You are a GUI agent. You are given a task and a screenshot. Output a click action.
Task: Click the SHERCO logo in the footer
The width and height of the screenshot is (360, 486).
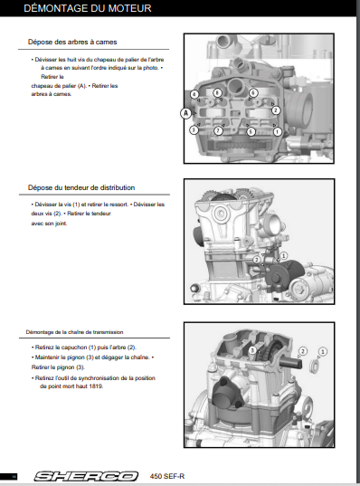point(86,476)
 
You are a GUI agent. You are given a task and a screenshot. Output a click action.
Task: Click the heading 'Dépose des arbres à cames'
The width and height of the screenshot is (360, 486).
point(72,42)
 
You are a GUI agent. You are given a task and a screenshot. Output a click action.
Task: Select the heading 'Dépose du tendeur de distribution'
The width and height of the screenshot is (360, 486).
point(81,187)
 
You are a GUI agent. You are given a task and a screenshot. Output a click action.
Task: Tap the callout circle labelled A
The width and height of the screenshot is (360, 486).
point(185,113)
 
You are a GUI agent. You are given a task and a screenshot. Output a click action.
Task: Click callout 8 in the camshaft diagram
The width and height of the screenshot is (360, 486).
point(217,92)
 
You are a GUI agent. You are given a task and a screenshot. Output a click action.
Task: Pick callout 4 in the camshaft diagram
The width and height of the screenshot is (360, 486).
point(194,94)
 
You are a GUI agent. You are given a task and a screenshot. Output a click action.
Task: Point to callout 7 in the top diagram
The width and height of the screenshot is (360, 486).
point(218,131)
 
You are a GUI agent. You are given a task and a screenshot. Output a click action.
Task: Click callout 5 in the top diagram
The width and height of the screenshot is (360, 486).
point(251,132)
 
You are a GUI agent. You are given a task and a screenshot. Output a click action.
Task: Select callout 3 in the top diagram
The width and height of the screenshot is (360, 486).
point(194,129)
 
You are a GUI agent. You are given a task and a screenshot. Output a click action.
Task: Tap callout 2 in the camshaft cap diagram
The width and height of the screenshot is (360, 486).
point(276,110)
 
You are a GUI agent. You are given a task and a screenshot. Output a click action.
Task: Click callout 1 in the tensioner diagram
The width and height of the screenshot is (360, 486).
point(283,256)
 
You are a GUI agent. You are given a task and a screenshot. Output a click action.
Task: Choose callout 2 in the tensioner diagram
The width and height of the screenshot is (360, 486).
point(257,260)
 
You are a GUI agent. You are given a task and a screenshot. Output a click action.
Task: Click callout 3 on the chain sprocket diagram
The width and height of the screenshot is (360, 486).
point(252,350)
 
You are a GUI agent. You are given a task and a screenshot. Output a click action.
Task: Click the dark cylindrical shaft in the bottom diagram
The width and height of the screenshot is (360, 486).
point(290,362)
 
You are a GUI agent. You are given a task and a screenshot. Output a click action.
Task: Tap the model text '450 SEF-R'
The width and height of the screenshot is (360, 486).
point(167,476)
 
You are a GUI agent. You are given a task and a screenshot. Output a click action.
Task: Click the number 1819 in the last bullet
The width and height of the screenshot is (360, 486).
point(96,386)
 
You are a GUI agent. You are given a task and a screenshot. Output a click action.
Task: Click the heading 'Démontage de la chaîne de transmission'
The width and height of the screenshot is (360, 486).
point(75,332)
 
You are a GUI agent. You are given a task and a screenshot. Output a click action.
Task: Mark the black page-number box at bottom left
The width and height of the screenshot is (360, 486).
point(9,476)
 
